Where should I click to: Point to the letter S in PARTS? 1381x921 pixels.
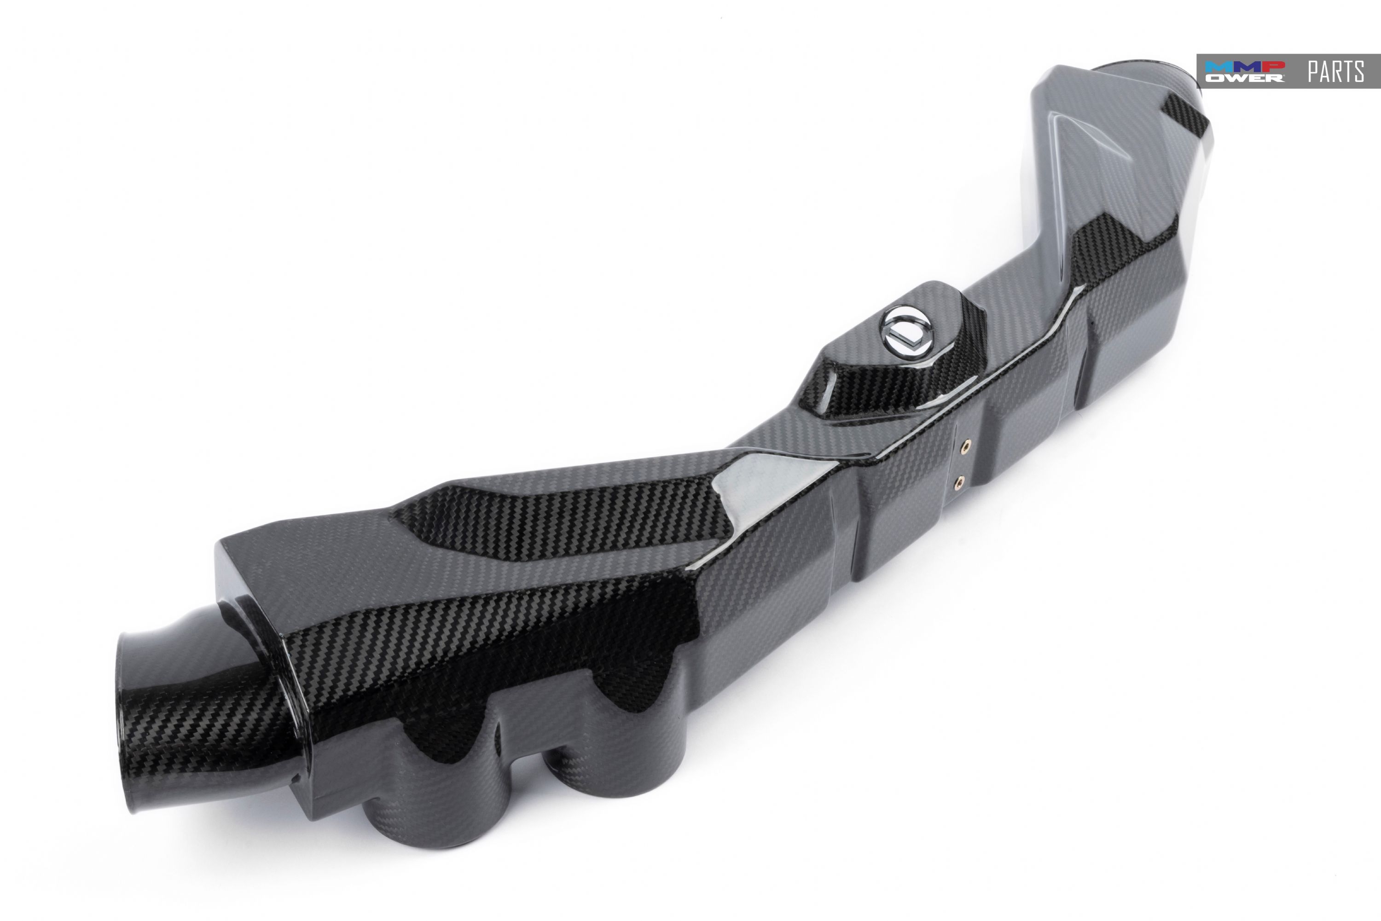1358,72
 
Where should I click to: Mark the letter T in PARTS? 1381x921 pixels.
1347,72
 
